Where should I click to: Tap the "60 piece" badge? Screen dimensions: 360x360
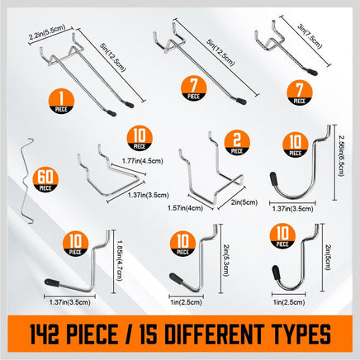[46, 177]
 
